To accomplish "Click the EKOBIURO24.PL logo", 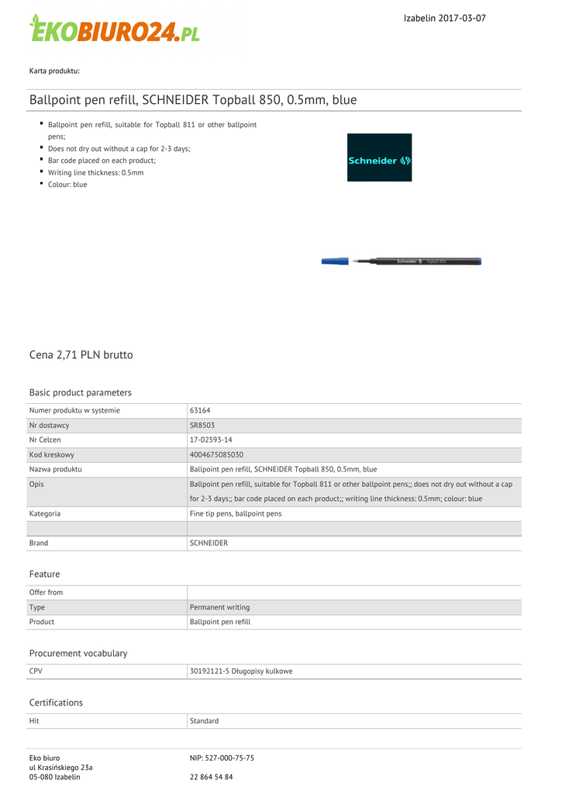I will [x=115, y=29].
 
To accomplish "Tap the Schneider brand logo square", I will [x=379, y=157].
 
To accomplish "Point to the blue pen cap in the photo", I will [x=335, y=261].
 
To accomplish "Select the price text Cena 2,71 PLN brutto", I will [x=81, y=354].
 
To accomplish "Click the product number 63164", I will [x=200, y=410].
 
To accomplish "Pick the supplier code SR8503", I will [x=202, y=425].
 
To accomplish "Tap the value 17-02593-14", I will [x=212, y=440].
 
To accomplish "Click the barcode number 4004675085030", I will [x=216, y=454].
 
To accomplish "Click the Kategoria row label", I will [x=45, y=513].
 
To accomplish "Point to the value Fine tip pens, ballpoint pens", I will [x=236, y=513].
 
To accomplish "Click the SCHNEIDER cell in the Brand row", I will [x=209, y=543].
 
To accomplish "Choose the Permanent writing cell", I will [x=219, y=607].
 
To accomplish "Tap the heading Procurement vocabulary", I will [x=78, y=653].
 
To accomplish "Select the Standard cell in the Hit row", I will [x=204, y=721].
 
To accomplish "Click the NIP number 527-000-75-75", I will [x=222, y=758].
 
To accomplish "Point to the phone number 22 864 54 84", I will [x=211, y=776].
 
